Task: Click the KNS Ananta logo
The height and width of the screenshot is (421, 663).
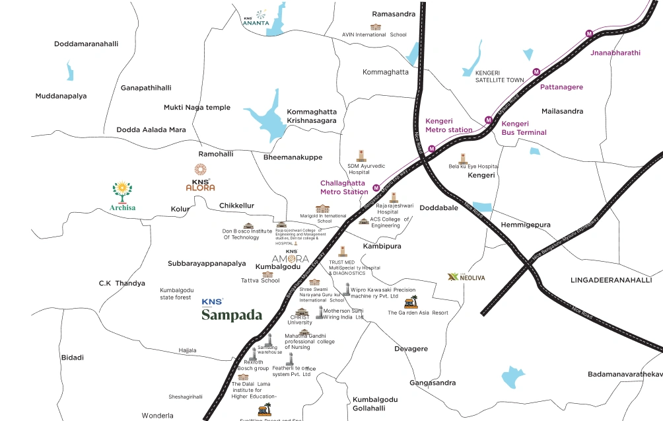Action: click(256, 18)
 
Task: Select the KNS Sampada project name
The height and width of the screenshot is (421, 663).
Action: click(231, 315)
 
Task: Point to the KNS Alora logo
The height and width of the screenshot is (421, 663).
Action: click(200, 178)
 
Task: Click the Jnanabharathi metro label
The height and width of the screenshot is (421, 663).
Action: click(615, 53)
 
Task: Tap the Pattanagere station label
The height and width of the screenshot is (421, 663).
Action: click(561, 87)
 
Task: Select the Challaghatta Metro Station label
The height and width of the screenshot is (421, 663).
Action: click(344, 187)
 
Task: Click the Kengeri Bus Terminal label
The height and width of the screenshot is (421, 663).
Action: click(524, 128)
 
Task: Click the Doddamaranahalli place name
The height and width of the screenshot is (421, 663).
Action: click(86, 44)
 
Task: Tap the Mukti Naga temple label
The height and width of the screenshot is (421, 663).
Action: click(197, 108)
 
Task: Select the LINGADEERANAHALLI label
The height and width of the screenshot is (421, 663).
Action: click(611, 280)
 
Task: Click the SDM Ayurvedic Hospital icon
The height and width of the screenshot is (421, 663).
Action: click(361, 155)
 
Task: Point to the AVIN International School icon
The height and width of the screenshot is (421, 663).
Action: click(376, 27)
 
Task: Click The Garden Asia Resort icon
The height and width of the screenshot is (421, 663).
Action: click(411, 303)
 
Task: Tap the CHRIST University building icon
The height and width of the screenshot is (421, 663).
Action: click(303, 312)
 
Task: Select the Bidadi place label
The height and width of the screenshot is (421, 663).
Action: click(73, 358)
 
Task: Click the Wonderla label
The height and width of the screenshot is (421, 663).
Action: click(157, 416)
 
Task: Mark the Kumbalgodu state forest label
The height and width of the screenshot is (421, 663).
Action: click(176, 293)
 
